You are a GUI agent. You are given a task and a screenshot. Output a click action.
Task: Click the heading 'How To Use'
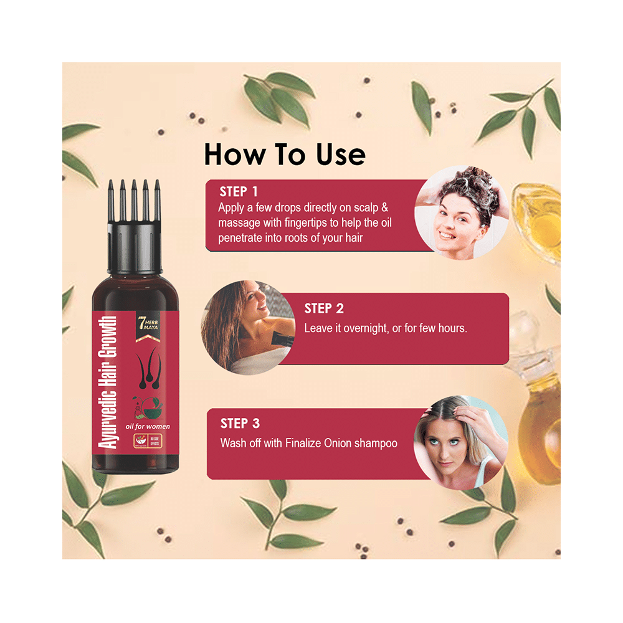click(x=285, y=154)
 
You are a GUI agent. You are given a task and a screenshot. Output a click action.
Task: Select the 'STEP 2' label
click(x=323, y=308)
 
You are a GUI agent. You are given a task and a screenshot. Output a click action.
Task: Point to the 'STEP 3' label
click(x=240, y=424)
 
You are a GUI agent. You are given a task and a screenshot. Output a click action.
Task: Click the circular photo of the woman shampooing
click(x=462, y=212)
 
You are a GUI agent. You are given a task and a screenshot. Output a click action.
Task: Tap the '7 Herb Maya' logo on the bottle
click(x=146, y=326)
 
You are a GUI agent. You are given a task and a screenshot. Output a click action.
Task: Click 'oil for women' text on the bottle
click(x=147, y=426)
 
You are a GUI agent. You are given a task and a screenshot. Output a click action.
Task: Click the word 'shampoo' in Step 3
click(x=376, y=444)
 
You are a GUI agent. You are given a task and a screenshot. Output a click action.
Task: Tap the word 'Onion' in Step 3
click(x=331, y=444)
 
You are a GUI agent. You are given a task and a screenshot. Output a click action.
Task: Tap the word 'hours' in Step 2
click(x=450, y=328)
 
